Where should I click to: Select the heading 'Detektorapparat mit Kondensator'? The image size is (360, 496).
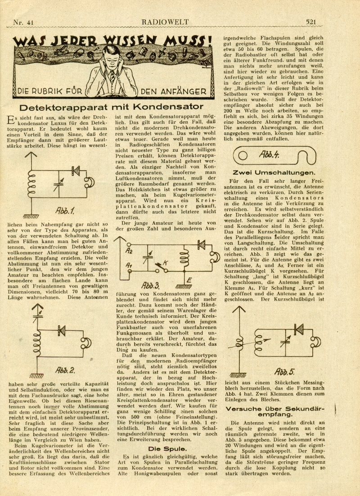(112, 107)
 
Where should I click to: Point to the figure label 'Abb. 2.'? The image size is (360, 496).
(66, 370)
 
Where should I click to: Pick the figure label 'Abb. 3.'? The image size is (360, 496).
(151, 285)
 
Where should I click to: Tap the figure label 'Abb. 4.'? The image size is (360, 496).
(270, 155)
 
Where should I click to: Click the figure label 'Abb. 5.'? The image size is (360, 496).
(284, 371)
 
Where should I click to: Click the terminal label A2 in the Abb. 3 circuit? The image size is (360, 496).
(130, 251)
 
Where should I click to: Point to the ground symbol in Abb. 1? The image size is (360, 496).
(31, 203)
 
